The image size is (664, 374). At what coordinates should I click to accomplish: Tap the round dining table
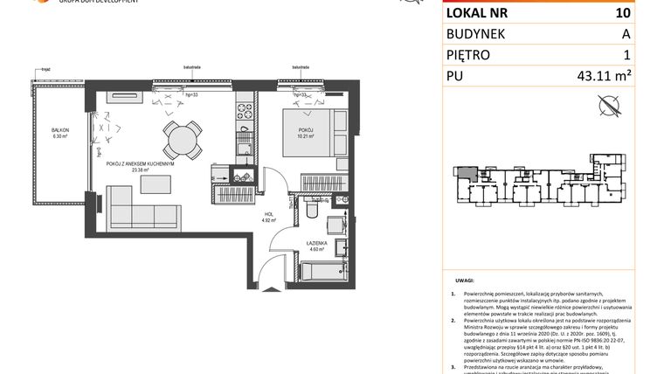pyautogui.click(x=178, y=137)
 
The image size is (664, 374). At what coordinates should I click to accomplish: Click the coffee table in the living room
pyautogui.click(x=157, y=185)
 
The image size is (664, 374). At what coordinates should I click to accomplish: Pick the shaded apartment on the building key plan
pyautogui.click(x=470, y=174)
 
